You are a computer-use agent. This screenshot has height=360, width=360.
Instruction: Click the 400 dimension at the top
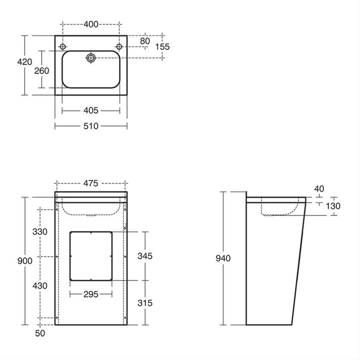pos(91,24)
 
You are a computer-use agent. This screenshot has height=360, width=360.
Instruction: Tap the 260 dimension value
pos(42,70)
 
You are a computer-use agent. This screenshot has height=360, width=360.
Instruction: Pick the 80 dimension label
pos(145,41)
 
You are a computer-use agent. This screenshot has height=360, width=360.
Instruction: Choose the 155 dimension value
pos(163,46)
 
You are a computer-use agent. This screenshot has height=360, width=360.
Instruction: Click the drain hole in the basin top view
pos(92,58)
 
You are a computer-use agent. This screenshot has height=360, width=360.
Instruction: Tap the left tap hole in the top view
pos(63,47)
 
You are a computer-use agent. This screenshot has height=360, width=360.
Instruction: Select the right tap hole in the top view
pos(119,47)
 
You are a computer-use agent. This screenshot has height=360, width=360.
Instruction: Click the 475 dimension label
pos(91,183)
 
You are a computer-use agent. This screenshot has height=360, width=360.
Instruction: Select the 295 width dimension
pos(91,295)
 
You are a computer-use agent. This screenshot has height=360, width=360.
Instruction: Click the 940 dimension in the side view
pos(223,258)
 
